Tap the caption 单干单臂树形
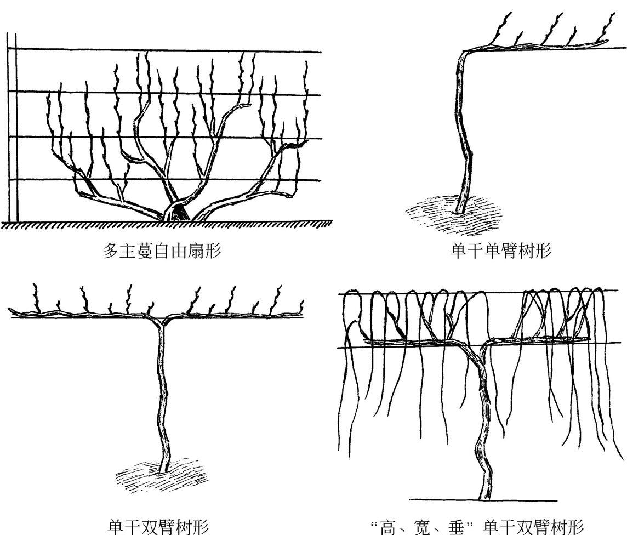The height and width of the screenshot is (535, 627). click(501, 252)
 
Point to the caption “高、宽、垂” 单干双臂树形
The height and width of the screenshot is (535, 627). click(477, 527)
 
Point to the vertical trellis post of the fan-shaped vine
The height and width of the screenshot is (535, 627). click(12, 132)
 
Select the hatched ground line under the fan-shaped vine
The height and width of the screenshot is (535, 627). click(164, 224)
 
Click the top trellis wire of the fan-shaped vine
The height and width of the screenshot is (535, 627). click(164, 51)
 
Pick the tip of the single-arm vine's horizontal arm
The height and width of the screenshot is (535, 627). click(607, 42)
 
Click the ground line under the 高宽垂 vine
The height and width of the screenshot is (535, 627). click(482, 500)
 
